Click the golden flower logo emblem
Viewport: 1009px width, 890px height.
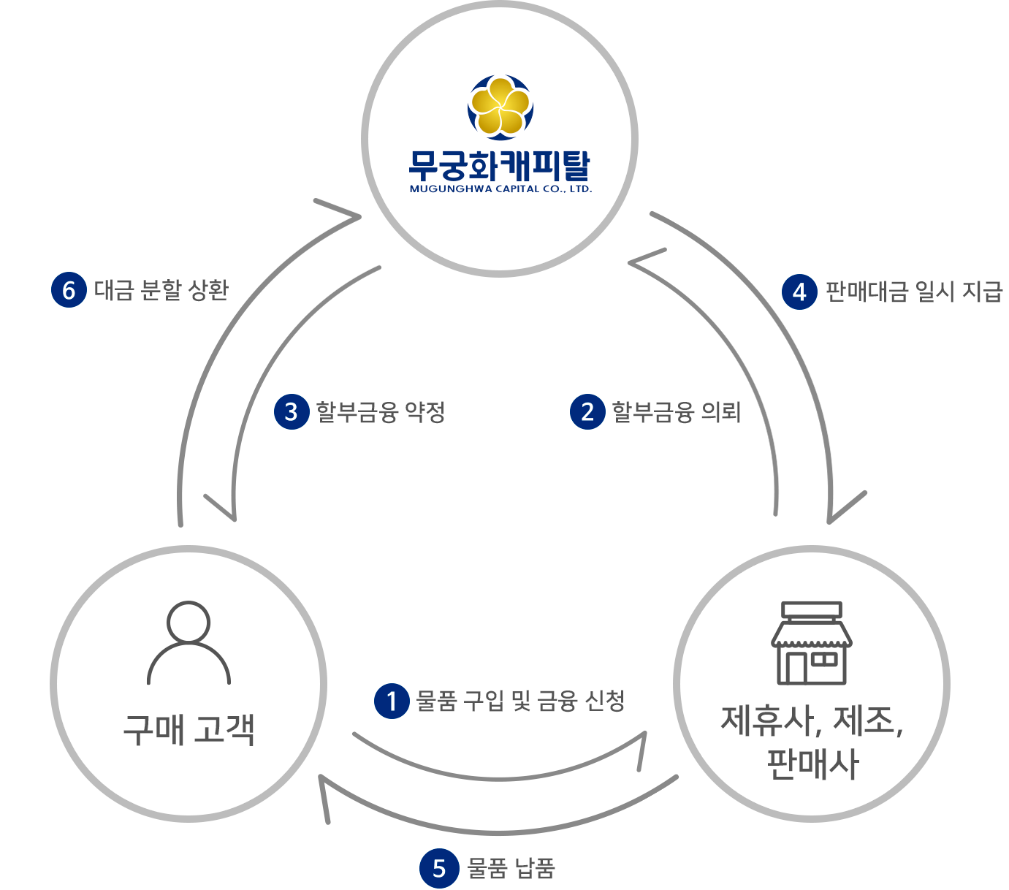[x=500, y=107]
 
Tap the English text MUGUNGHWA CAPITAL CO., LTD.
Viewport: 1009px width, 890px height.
[x=500, y=189]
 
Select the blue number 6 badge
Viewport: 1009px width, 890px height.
[x=69, y=290]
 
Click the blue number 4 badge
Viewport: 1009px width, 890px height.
[x=799, y=292]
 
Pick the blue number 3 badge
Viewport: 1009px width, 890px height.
[x=292, y=411]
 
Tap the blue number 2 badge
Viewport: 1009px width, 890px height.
[x=587, y=411]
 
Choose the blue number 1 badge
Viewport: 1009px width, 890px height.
[x=392, y=701]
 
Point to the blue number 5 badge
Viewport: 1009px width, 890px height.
[x=438, y=868]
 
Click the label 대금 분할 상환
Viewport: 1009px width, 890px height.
[x=161, y=290]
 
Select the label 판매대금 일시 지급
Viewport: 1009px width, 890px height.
[x=913, y=292]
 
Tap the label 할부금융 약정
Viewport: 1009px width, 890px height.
[x=381, y=412]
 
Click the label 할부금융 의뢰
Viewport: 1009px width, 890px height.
[x=677, y=412]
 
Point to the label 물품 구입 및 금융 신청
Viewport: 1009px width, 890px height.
[x=520, y=701]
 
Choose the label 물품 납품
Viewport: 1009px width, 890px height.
[x=511, y=868]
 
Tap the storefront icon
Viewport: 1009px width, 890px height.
[x=812, y=644]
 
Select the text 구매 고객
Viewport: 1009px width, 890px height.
[x=189, y=729]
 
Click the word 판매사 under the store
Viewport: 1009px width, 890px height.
[x=812, y=764]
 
